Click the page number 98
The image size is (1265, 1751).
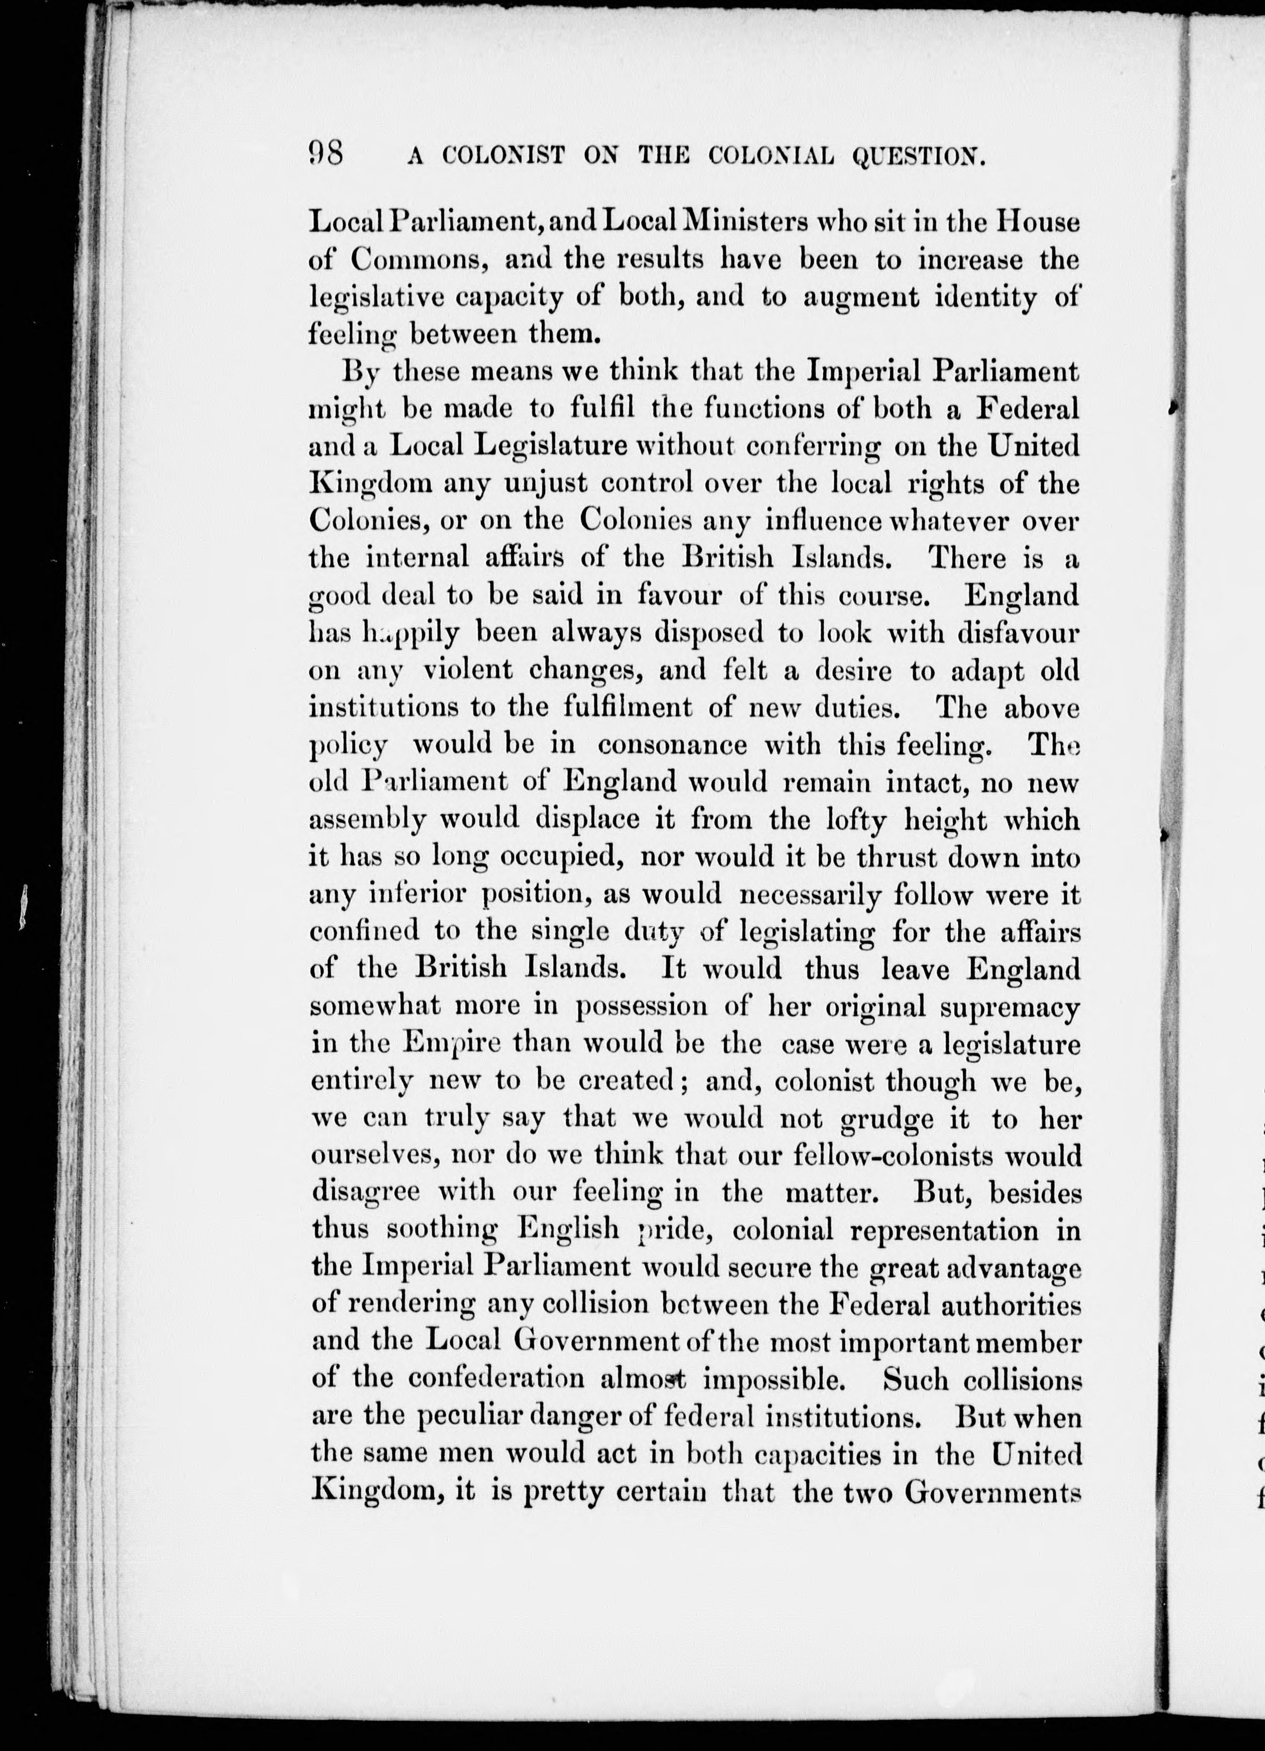pos(325,154)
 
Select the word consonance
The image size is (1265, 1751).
pos(673,745)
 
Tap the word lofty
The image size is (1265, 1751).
pos(850,819)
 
